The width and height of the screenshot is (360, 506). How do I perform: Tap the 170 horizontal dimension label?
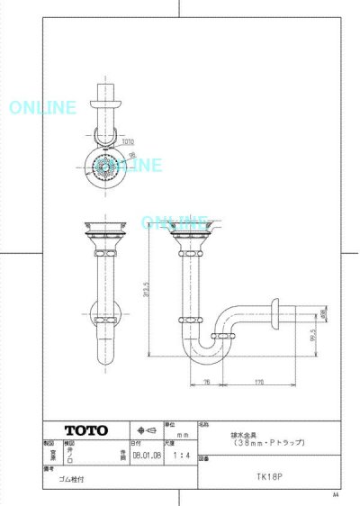pyautogui.click(x=258, y=382)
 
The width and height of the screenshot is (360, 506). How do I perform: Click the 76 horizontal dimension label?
pyautogui.click(x=206, y=382)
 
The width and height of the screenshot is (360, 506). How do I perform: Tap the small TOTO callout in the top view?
pyautogui.click(x=129, y=142)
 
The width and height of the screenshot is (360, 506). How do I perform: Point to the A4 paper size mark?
pyautogui.click(x=336, y=494)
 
